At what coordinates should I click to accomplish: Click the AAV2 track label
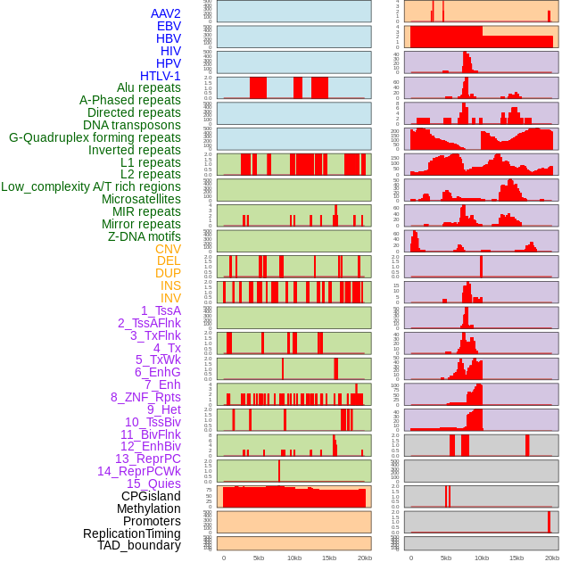pyautogui.click(x=166, y=13)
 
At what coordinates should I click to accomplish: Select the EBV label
pyautogui.click(x=169, y=26)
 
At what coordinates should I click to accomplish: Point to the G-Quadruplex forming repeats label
pyautogui.click(x=95, y=137)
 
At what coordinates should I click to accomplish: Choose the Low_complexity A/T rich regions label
pyautogui.click(x=91, y=186)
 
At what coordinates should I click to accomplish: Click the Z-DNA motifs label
pyautogui.click(x=144, y=236)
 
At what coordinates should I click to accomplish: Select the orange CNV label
pyautogui.click(x=168, y=249)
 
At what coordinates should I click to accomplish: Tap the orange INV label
pyautogui.click(x=170, y=298)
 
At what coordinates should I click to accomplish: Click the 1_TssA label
pyautogui.click(x=161, y=310)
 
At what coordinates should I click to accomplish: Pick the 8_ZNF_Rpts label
pyautogui.click(x=145, y=397)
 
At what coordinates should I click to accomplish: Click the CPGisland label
pyautogui.click(x=151, y=496)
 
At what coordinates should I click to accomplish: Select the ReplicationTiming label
pyautogui.click(x=131, y=533)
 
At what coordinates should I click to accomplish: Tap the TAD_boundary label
pyautogui.click(x=139, y=545)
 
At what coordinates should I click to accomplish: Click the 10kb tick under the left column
pyautogui.click(x=293, y=558)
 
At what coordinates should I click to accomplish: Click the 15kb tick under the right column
pyautogui.click(x=516, y=558)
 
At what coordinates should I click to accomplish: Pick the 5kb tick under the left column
pyautogui.click(x=259, y=558)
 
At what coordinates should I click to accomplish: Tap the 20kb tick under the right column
pyautogui.click(x=551, y=558)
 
